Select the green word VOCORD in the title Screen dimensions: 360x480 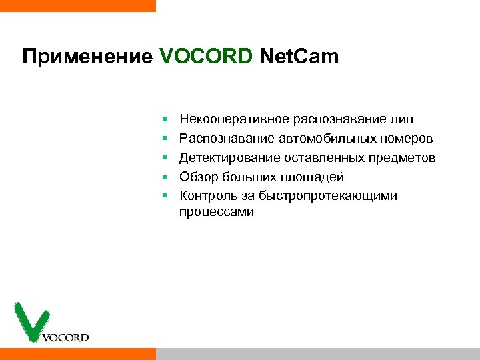[x=206, y=57]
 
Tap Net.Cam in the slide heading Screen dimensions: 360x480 [x=299, y=57]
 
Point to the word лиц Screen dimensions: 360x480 [x=402, y=120]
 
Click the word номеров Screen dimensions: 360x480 [x=407, y=139]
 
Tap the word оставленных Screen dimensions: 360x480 [x=315, y=158]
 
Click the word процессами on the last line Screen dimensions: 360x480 [x=216, y=212]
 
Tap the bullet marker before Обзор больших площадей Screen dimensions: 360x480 [x=164, y=177]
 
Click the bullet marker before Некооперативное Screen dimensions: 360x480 [x=164, y=120]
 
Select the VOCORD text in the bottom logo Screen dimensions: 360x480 [x=65, y=337]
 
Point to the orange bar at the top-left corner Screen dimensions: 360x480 [x=77, y=5]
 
